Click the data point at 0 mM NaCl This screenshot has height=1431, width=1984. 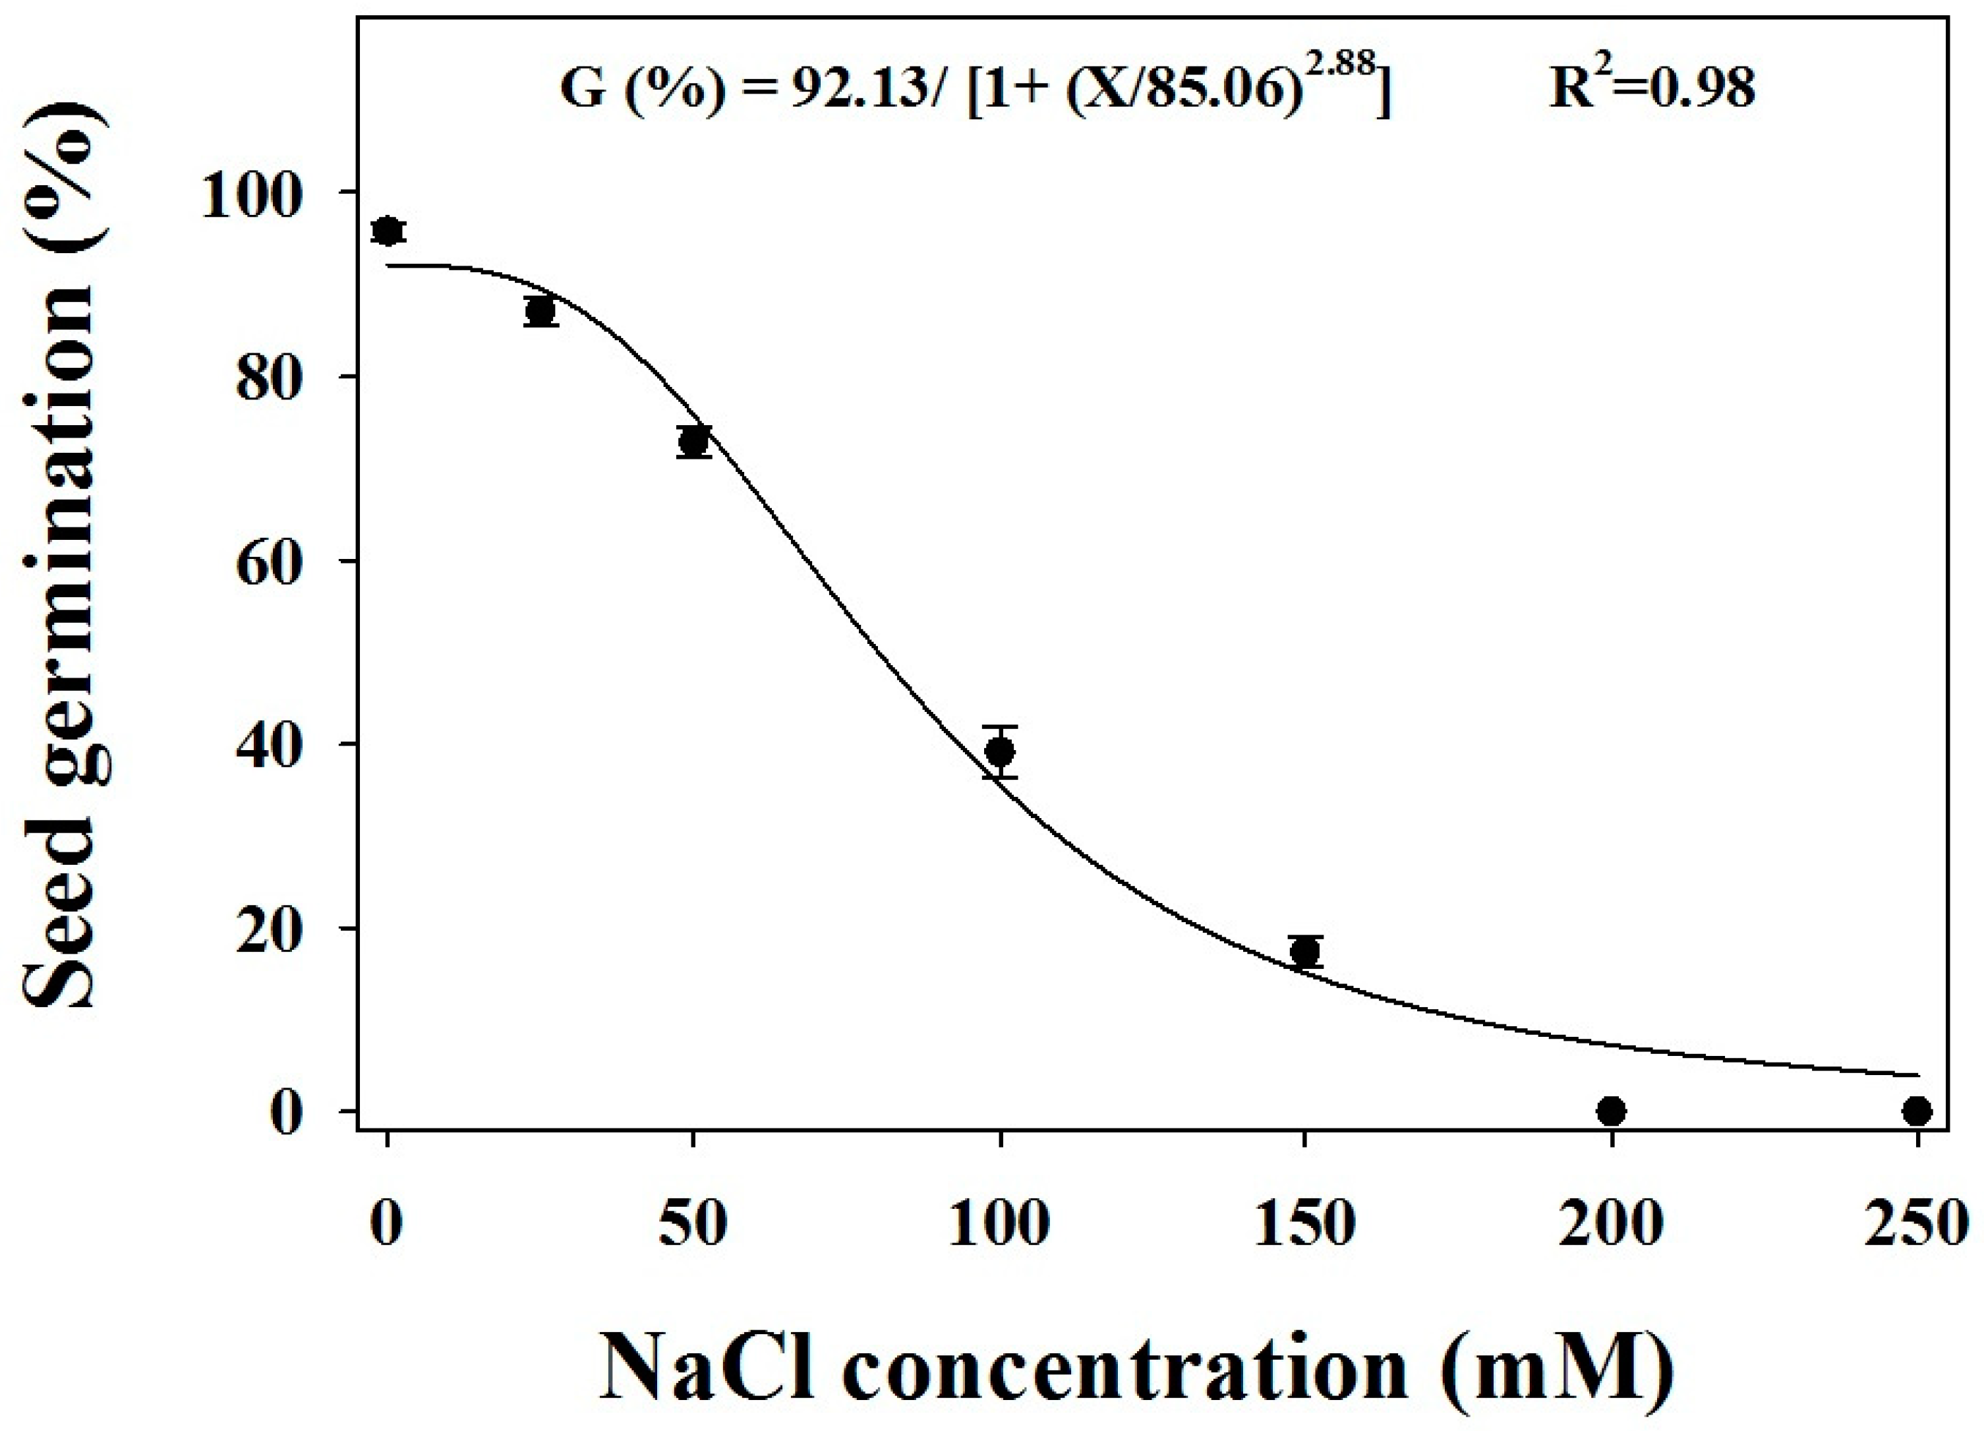coord(388,231)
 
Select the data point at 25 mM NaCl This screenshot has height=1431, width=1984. coord(540,310)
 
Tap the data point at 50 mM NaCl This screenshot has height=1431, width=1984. coord(693,442)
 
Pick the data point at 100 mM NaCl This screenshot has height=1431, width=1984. coord(1000,751)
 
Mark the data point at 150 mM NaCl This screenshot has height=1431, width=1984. coord(1305,950)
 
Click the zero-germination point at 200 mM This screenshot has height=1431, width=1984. coord(1612,1112)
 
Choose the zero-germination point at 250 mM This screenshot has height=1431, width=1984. coord(1917,1112)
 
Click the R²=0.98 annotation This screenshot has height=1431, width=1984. coord(1652,88)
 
